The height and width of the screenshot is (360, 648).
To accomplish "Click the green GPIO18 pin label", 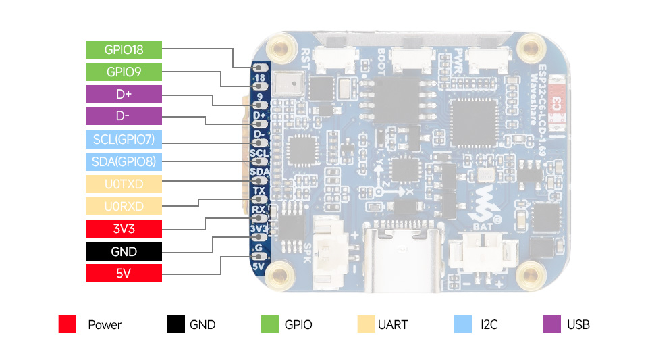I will pyautogui.click(x=124, y=49).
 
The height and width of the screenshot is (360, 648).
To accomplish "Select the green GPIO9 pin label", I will pyautogui.click(x=124, y=72).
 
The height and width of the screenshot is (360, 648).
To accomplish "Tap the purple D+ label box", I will pyautogui.click(x=124, y=94).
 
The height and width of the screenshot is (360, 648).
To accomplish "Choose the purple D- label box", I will pyautogui.click(x=124, y=116).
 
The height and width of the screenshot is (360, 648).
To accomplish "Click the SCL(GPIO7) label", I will pyautogui.click(x=124, y=139).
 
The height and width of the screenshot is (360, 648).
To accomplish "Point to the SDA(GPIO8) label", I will pyautogui.click(x=124, y=161).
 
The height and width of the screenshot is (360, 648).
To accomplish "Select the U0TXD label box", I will pyautogui.click(x=124, y=184).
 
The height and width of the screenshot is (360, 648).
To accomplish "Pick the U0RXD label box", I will pyautogui.click(x=124, y=206).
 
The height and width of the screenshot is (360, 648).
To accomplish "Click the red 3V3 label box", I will pyautogui.click(x=124, y=228).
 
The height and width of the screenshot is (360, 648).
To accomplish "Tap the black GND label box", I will pyautogui.click(x=124, y=251).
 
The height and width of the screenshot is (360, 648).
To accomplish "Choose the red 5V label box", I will pyautogui.click(x=124, y=274).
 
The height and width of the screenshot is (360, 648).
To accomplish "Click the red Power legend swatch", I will pyautogui.click(x=67, y=324).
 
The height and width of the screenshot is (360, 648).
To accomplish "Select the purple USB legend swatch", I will pyautogui.click(x=552, y=324).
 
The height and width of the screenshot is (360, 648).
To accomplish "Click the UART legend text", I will pyautogui.click(x=393, y=324).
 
